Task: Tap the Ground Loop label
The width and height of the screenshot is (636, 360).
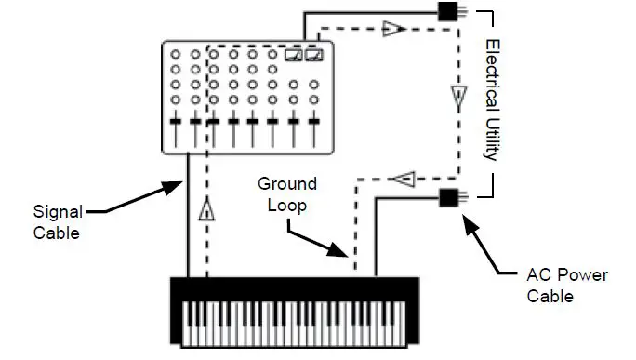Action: (x=288, y=193)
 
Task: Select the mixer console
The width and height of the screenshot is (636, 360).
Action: (x=246, y=97)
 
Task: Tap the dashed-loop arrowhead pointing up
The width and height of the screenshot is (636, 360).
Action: (x=206, y=212)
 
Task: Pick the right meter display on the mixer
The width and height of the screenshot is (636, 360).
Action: (x=314, y=55)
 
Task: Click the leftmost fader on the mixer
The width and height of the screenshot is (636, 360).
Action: (x=174, y=124)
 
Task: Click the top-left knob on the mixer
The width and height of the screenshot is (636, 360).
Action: (x=174, y=55)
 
